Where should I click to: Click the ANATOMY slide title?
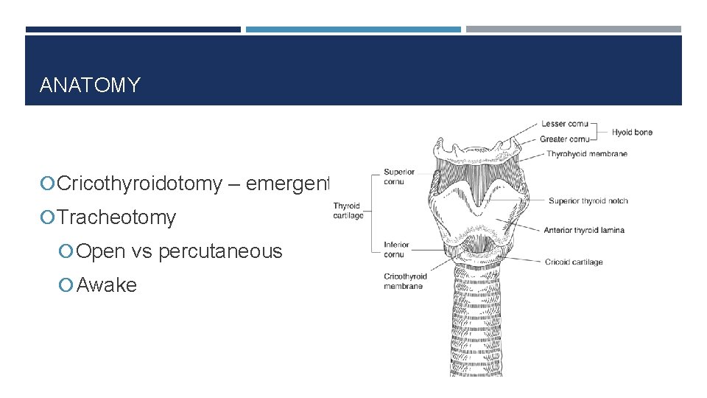(x=89, y=85)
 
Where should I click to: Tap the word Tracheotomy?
(x=116, y=217)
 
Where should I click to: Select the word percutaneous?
(x=220, y=251)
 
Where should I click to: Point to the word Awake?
(x=107, y=285)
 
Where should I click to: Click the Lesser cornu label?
(x=564, y=124)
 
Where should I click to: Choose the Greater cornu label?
(x=565, y=139)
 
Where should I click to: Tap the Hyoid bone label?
(x=632, y=133)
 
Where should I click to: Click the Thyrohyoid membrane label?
(x=587, y=154)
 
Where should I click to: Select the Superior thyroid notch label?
(x=588, y=201)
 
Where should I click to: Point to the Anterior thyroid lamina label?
(x=584, y=231)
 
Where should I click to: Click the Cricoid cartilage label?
(x=574, y=262)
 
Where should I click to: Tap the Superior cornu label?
(x=398, y=176)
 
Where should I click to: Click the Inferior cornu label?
(x=396, y=249)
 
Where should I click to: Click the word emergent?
(x=288, y=184)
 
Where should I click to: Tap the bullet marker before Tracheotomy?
(x=49, y=217)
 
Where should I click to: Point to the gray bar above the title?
(x=573, y=29)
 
